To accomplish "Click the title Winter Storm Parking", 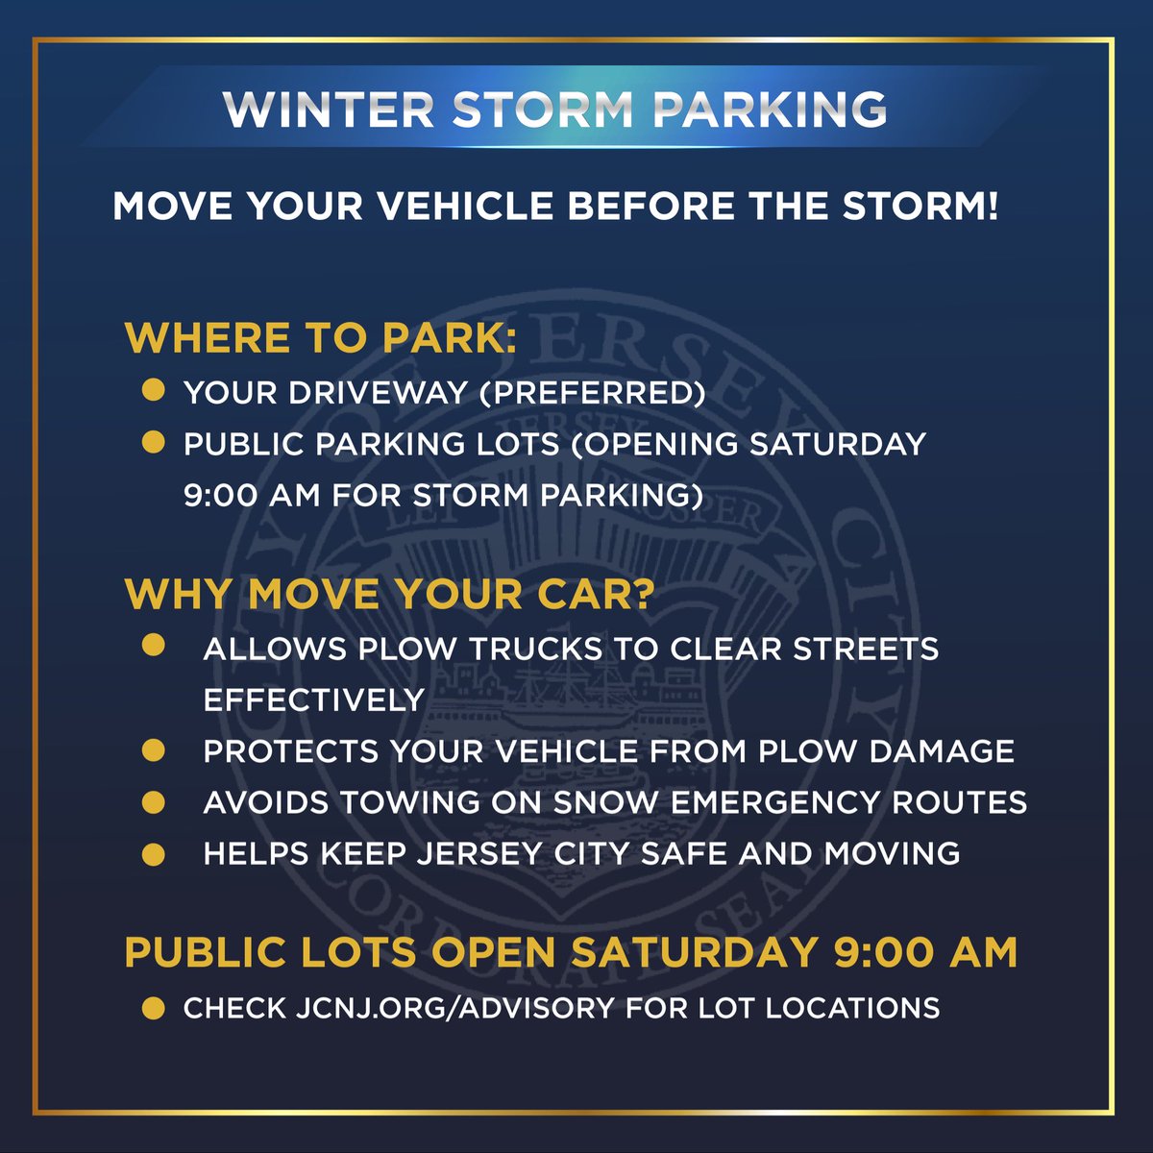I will (554, 110).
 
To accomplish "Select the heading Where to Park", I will (320, 338).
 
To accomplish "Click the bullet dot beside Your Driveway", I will (153, 391).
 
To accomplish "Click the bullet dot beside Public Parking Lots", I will (153, 443).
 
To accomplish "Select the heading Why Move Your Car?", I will (389, 595).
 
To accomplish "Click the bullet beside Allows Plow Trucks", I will (153, 646).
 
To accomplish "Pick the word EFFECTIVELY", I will (313, 699).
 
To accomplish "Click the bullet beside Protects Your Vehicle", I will (153, 749).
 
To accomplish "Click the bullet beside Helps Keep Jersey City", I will (153, 853).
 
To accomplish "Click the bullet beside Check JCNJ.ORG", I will (153, 1007).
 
